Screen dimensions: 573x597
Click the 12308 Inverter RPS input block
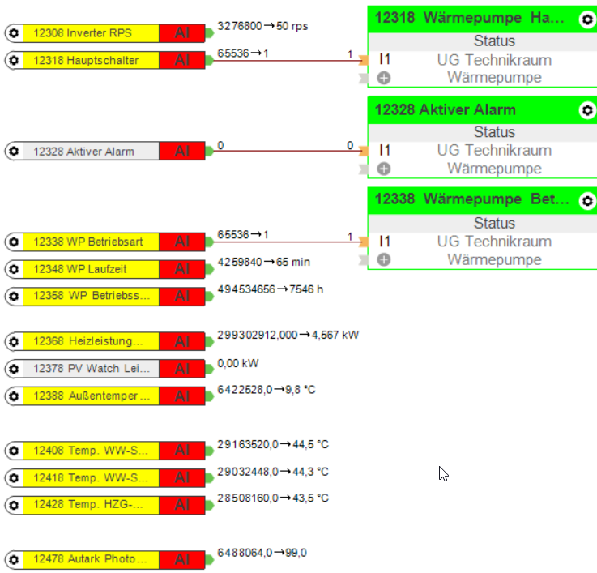coord(93,33)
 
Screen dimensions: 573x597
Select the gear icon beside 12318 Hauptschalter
coord(14,60)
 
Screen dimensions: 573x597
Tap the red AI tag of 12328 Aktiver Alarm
coord(181,152)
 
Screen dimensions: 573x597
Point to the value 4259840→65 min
coord(263,262)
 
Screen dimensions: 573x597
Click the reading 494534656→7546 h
coord(270,289)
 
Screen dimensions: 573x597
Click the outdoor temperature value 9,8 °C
coord(266,390)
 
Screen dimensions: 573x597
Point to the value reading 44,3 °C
coord(273,471)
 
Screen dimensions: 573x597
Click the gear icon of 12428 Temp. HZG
coord(14,505)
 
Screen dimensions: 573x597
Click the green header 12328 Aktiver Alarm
coord(470,109)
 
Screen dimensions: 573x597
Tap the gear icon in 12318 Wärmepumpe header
coord(587,19)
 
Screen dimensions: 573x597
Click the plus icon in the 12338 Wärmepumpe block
coord(384,260)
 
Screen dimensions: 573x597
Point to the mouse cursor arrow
coord(443,474)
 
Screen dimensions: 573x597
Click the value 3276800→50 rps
coord(262,27)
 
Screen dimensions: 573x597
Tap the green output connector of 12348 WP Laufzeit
coord(209,269)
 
